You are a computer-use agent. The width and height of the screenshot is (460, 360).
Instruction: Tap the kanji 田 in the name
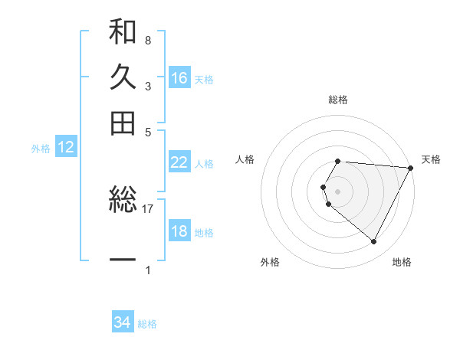coord(123,123)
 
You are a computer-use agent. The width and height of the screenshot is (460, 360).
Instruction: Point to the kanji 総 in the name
coord(123,202)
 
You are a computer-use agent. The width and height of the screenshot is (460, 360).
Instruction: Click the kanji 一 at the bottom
coord(123,260)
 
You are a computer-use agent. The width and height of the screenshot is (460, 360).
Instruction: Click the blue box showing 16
coord(179,78)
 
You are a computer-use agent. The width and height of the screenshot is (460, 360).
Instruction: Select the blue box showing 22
coord(179,162)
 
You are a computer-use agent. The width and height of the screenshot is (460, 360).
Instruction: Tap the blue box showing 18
coord(179,232)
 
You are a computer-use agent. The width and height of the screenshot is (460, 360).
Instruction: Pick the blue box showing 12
coord(66,148)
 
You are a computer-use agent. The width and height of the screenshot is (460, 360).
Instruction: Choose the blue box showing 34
coord(123,323)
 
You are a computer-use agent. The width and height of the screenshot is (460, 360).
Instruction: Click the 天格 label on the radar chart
coord(431,159)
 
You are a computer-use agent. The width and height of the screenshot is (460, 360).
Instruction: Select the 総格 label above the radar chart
coord(338,100)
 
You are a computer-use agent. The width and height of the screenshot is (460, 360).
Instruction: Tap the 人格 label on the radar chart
coord(245,159)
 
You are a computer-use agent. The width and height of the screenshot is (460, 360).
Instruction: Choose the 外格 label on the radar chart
coord(270,262)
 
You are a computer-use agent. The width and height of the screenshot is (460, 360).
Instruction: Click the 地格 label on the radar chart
coord(402,262)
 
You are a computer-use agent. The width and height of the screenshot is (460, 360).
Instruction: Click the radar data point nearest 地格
coord(374,242)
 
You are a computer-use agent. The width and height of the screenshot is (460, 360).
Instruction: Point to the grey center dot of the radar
coord(338,191)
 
